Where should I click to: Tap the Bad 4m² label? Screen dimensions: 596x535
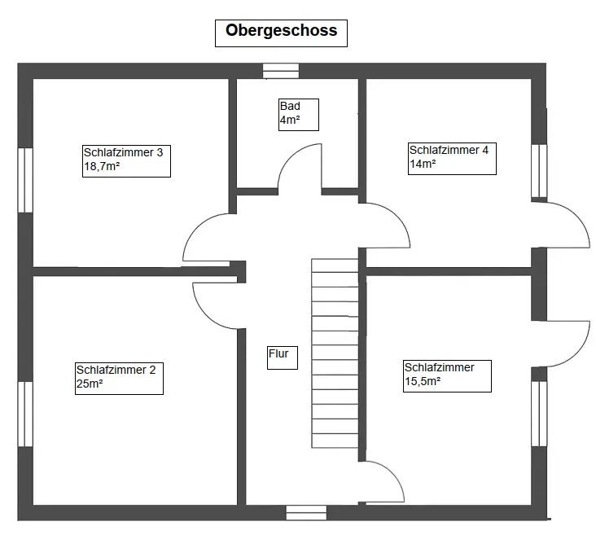coord(299,115)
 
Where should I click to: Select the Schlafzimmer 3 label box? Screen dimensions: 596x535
coord(126,161)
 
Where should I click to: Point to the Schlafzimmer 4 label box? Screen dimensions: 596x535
coord(453,159)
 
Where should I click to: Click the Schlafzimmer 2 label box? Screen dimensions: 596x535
coord(120,379)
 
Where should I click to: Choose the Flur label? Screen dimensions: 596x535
coord(283,357)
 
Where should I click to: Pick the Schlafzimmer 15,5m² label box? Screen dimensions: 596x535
coord(447,376)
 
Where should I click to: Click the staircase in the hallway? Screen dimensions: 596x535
coord(335,353)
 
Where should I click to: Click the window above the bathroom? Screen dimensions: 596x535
coord(281,71)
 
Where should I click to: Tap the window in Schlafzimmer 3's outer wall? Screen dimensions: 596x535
coord(25,180)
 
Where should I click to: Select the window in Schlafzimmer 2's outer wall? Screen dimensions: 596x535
coord(25,414)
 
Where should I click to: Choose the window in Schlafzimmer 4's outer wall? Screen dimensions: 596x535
coord(539,171)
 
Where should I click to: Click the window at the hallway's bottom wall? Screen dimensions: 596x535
coord(306,512)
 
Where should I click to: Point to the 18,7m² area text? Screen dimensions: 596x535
coord(102,167)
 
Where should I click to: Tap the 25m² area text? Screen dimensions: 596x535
coord(90,384)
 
